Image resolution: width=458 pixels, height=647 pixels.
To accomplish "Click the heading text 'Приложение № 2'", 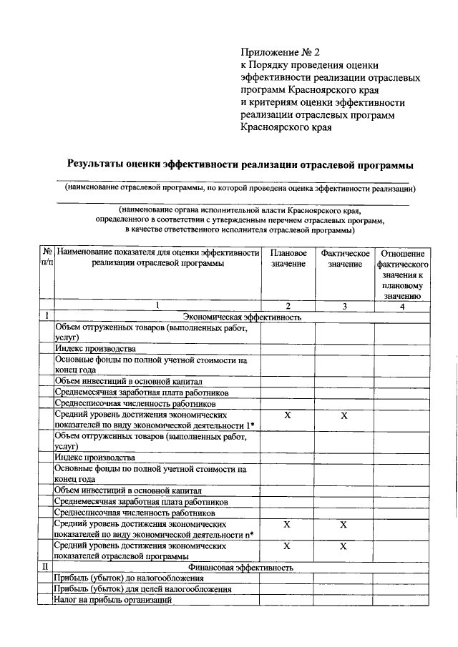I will pyautogui.click(x=281, y=52).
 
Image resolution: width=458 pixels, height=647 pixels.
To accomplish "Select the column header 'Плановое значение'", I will pyautogui.click(x=288, y=259).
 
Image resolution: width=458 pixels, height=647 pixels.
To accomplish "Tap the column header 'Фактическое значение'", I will pyautogui.click(x=345, y=259).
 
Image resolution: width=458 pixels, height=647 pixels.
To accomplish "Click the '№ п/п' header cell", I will pyautogui.click(x=46, y=259).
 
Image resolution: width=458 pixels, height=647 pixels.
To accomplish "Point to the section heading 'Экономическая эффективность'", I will pyautogui.click(x=242, y=317).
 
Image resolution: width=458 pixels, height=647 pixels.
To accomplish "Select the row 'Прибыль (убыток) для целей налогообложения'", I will pyautogui.click(x=143, y=589).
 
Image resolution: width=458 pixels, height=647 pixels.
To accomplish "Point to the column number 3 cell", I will pyautogui.click(x=345, y=307).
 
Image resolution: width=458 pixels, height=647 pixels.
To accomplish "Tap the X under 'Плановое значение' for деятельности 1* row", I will pyautogui.click(x=288, y=415).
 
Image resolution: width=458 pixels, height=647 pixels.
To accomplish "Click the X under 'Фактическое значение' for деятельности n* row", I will pyautogui.click(x=344, y=525).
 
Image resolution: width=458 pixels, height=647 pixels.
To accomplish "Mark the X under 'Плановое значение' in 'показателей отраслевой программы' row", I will pyautogui.click(x=288, y=546).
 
